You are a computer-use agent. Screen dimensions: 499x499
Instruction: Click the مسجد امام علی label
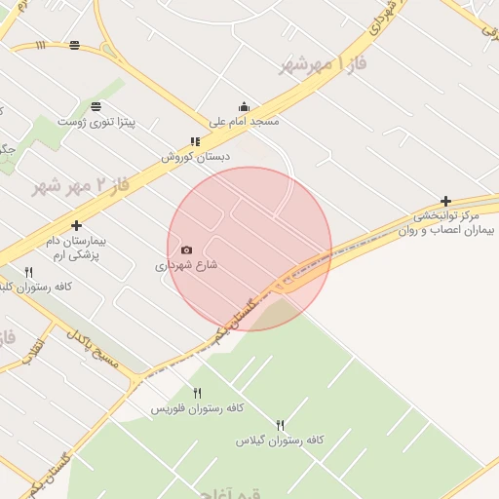tap(245, 122)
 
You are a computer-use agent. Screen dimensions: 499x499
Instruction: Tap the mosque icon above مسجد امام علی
tap(244, 107)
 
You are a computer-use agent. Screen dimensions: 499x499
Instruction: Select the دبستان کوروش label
tap(196, 156)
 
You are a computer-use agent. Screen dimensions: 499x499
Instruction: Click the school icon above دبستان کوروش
tap(196, 141)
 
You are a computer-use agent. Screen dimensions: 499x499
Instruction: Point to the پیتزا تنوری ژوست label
tap(96, 122)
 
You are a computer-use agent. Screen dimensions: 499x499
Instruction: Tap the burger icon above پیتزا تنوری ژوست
tap(96, 106)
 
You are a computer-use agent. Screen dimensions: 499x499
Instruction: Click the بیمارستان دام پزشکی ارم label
tap(76, 246)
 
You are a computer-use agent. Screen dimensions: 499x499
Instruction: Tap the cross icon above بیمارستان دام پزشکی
tap(76, 225)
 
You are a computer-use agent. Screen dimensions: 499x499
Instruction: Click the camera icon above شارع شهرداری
tap(187, 249)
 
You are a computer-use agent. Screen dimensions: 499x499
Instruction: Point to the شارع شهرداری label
tap(186, 265)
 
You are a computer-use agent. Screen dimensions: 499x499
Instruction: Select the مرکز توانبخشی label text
tap(447, 215)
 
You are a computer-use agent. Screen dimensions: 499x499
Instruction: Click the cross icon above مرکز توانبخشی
tap(446, 200)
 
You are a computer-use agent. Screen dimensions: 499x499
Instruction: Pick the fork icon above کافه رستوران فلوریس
tap(197, 393)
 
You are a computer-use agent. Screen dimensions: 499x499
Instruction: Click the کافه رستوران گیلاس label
tap(280, 441)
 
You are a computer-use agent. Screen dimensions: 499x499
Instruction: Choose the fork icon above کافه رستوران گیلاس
tap(280, 425)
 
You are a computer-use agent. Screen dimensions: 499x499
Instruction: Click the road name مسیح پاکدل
tap(92, 351)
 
